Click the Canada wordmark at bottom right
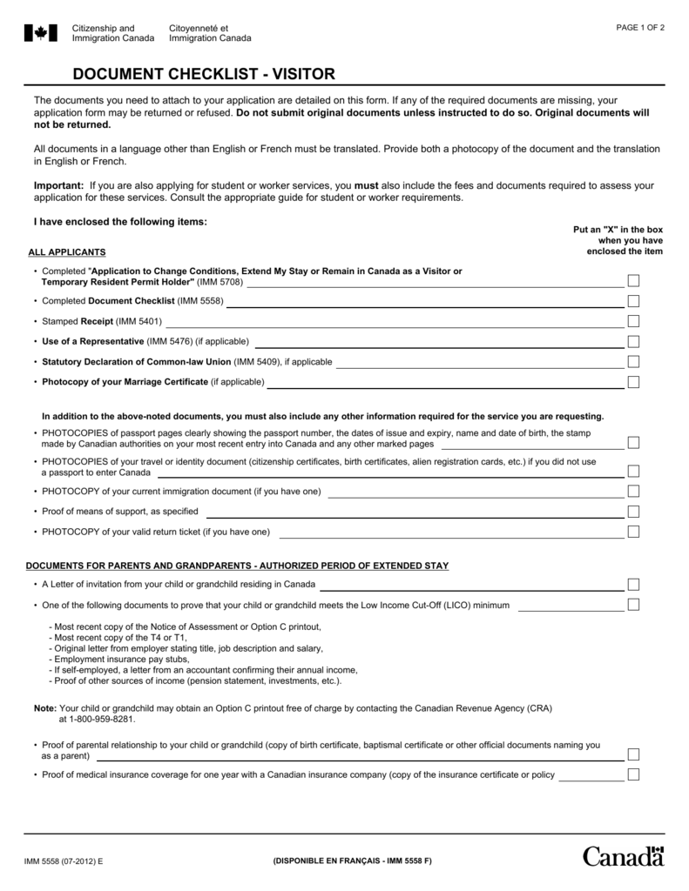(623, 856)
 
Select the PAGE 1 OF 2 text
(640, 27)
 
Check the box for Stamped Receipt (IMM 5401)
(633, 321)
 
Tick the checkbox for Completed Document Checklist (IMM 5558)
(633, 301)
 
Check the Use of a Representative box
(633, 341)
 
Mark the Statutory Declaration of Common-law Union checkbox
(633, 361)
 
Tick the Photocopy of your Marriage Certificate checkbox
(633, 382)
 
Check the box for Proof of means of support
(633, 511)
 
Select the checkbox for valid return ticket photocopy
(633, 532)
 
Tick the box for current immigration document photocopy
(633, 491)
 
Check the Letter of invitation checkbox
(633, 584)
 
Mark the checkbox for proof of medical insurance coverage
(633, 774)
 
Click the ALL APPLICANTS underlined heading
(67, 252)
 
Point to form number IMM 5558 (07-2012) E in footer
(63, 861)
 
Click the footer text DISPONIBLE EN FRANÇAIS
(352, 861)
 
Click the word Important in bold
(57, 185)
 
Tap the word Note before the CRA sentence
(44, 708)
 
